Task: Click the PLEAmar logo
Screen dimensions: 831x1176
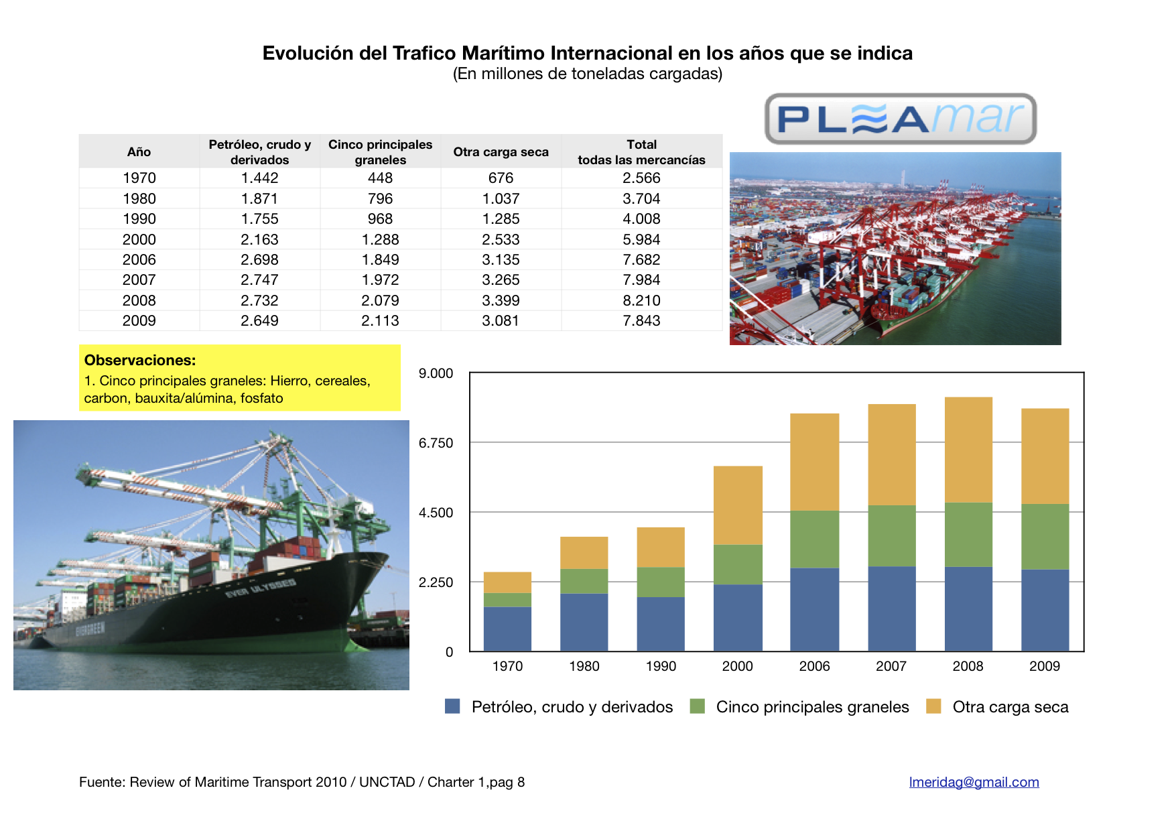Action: [x=900, y=119]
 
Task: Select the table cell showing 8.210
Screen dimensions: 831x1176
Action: [x=641, y=300]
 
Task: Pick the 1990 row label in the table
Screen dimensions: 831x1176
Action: [x=139, y=219]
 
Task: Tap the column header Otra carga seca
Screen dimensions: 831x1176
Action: [x=501, y=152]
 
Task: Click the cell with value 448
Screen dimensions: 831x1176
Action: [x=380, y=178]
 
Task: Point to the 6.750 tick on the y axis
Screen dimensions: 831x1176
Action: [x=436, y=443]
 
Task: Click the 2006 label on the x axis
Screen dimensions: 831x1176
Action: [x=814, y=666]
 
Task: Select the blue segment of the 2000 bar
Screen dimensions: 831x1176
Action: [x=738, y=617]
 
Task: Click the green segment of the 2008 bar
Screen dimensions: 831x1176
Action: [x=968, y=535]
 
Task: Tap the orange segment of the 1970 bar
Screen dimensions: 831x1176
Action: [x=507, y=582]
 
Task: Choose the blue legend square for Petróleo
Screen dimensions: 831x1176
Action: [x=452, y=706]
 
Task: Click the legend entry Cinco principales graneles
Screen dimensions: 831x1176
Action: [x=812, y=707]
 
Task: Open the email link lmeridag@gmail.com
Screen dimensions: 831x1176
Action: [x=974, y=782]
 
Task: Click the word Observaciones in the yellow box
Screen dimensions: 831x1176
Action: [x=140, y=361]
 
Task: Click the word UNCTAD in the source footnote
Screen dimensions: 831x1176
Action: [x=387, y=782]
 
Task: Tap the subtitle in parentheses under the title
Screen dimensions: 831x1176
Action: [x=587, y=74]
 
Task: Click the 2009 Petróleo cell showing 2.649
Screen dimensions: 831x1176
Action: [x=259, y=321]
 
